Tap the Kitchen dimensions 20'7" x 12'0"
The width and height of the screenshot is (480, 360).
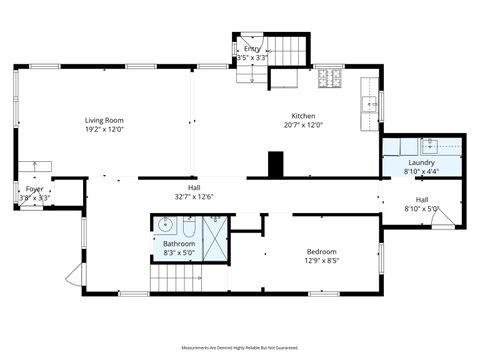[x=303, y=126]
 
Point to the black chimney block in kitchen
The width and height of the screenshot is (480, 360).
[x=275, y=162]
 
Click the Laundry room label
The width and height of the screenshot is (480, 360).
[x=421, y=162]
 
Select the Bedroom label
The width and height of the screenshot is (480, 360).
[x=321, y=251]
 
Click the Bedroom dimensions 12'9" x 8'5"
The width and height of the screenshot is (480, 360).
[x=321, y=260]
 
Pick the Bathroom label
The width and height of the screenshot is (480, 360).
[x=179, y=243]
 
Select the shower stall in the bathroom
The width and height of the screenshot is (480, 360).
[x=214, y=236]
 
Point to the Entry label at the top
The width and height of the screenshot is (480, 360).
[x=252, y=48]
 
